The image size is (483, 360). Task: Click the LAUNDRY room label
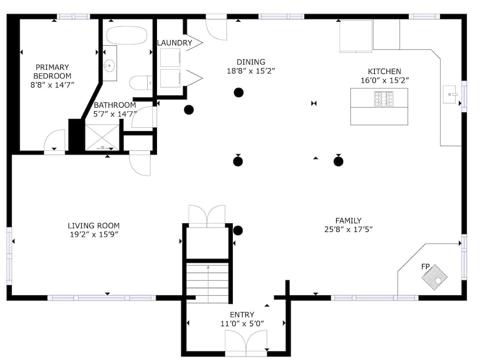tap(174, 43)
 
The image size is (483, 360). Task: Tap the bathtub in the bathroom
tap(127, 35)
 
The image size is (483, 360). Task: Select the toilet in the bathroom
tap(141, 83)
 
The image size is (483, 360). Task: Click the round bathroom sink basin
tap(109, 65)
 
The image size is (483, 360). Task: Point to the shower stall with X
tap(102, 137)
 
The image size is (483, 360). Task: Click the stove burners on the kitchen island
tap(384, 99)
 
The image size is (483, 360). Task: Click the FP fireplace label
tap(426, 267)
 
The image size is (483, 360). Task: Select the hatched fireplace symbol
tap(434, 277)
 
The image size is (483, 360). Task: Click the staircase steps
tap(208, 283)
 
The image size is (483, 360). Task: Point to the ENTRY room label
tap(242, 315)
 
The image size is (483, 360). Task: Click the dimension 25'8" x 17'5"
tap(348, 230)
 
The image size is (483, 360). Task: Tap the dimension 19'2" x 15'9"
tap(94, 234)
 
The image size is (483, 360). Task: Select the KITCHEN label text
tap(384, 72)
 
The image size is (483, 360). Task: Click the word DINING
tap(251, 62)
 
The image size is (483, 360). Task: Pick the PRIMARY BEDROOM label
tap(52, 72)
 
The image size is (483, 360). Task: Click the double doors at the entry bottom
tap(246, 341)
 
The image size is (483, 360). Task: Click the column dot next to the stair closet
tap(238, 230)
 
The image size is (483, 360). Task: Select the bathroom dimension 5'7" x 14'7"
tap(114, 114)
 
